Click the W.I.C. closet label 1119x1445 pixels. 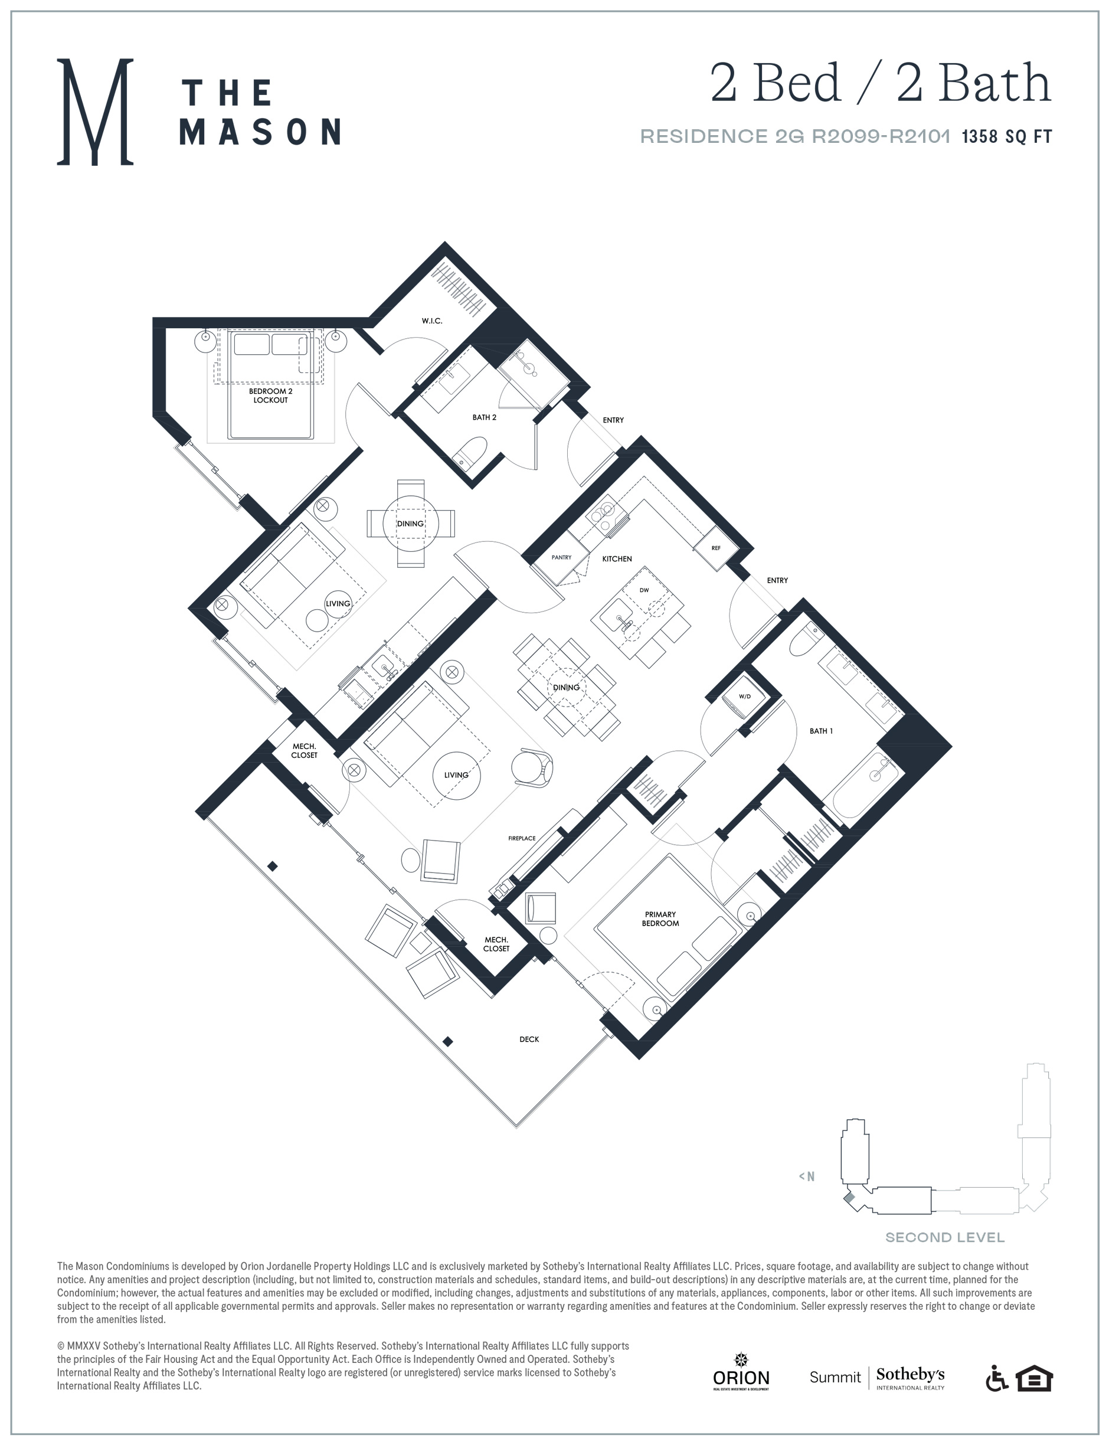click(x=432, y=321)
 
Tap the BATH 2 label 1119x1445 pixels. click(x=484, y=417)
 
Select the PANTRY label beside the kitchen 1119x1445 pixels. click(x=561, y=557)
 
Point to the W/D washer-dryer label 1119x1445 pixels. click(x=745, y=697)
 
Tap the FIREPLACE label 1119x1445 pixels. click(x=522, y=838)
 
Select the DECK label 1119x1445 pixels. click(x=529, y=1039)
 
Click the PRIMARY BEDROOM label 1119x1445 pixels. click(x=660, y=918)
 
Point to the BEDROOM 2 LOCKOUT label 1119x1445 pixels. click(x=270, y=395)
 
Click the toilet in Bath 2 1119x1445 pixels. click(x=470, y=453)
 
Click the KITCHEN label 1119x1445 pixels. click(x=617, y=559)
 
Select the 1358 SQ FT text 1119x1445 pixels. click(x=1007, y=136)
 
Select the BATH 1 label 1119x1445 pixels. click(x=822, y=731)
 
